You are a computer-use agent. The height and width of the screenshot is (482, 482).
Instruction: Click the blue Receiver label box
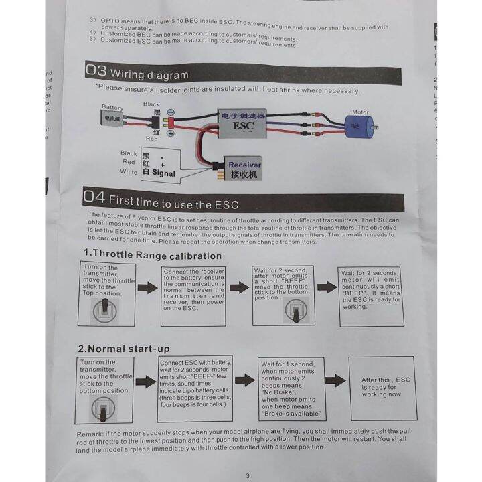click(x=244, y=165)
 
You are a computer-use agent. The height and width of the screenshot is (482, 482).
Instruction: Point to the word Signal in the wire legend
click(x=163, y=173)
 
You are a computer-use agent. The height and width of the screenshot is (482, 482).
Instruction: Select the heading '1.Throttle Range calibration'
click(x=152, y=255)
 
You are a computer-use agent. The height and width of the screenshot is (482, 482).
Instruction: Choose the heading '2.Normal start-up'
click(x=124, y=349)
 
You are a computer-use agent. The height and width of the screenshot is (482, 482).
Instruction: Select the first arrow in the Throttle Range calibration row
click(x=147, y=288)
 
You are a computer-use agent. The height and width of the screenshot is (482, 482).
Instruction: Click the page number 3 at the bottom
click(x=248, y=475)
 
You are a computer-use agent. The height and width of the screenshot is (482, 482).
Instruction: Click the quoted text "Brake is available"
click(x=292, y=414)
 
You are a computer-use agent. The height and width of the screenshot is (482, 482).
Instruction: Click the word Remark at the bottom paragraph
click(x=94, y=433)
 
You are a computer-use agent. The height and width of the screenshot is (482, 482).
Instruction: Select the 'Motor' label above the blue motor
click(x=360, y=112)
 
